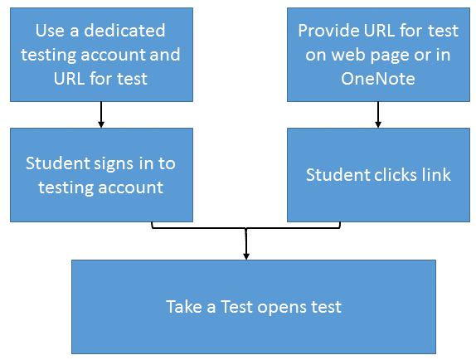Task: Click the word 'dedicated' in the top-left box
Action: (x=124, y=31)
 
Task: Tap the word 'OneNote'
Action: (x=378, y=79)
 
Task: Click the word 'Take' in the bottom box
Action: (x=184, y=306)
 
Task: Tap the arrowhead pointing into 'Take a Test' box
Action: (x=246, y=256)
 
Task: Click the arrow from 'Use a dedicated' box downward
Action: (x=101, y=114)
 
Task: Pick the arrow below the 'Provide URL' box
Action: (x=378, y=114)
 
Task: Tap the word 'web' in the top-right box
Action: (x=348, y=55)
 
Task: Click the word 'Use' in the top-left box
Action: (x=50, y=31)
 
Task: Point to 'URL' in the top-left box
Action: (x=69, y=79)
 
